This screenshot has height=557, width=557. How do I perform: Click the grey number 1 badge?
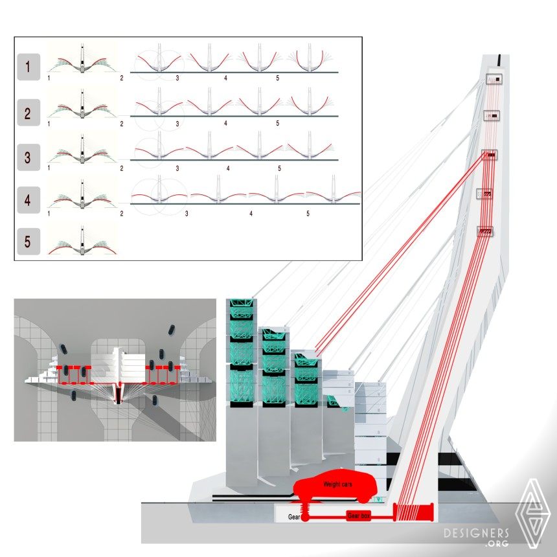pos(28,67)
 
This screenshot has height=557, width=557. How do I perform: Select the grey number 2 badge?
pos(28,113)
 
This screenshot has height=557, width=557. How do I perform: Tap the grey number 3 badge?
pos(28,157)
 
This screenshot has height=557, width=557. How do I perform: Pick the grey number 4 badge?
pos(28,200)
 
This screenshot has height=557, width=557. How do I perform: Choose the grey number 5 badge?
pos(28,242)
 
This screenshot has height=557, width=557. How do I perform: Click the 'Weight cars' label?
pos(337,484)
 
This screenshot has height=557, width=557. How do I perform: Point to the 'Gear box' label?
pos(359,516)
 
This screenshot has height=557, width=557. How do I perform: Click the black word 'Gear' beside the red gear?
pos(294,517)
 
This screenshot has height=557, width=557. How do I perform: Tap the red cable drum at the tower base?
pos(413,512)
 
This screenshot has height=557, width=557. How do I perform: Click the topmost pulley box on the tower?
pos(494,79)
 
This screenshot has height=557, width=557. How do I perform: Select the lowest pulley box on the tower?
pos(485,232)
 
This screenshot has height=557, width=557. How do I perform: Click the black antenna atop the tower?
pos(499,60)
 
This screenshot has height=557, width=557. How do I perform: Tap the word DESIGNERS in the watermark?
pos(476,533)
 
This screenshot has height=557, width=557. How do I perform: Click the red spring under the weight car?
pos(305,508)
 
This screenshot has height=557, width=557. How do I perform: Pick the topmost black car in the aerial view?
pos(171,330)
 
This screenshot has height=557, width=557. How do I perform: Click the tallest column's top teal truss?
pos(242,303)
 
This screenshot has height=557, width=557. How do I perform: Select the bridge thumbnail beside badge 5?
pos(82,240)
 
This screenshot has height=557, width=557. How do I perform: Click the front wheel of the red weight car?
pos(363,499)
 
